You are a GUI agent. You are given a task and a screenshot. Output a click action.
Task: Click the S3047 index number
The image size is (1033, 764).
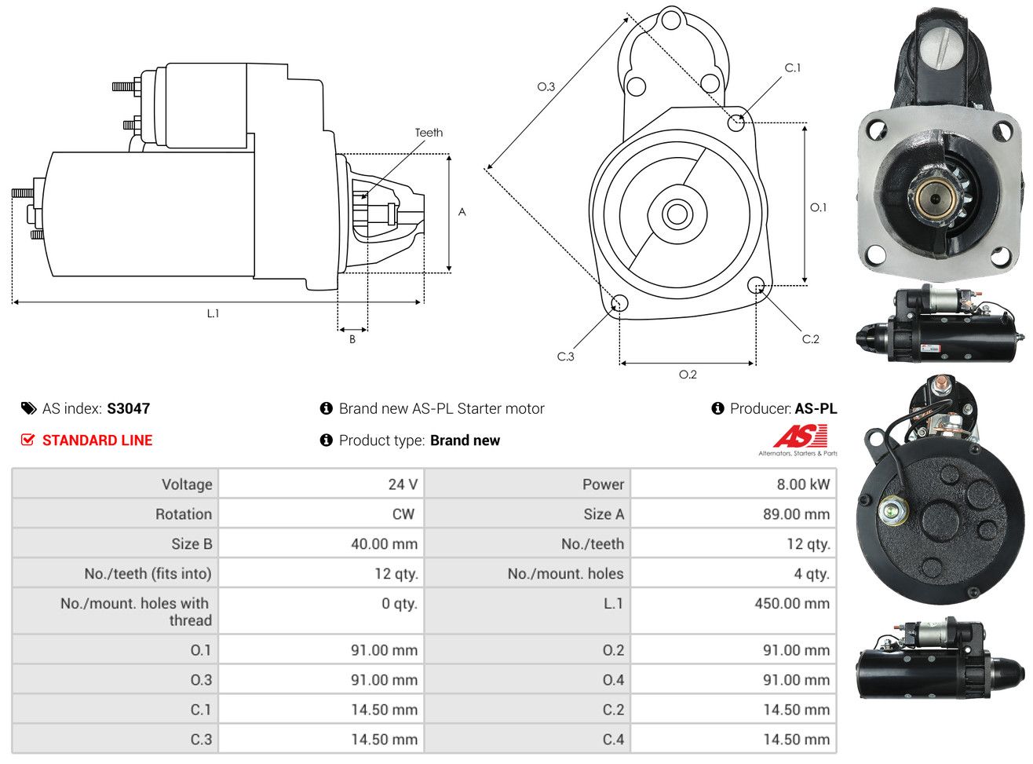[128, 408]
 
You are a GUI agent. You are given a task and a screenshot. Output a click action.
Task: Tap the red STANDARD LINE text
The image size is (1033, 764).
[97, 440]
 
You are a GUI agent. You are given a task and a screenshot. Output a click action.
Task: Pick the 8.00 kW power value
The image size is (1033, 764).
[803, 484]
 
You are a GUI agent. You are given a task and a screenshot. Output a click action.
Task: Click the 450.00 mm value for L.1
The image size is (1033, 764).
[792, 603]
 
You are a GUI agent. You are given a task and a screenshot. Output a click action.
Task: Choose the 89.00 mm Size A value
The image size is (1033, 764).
[796, 514]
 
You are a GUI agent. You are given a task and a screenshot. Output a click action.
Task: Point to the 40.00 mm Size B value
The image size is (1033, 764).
[384, 543]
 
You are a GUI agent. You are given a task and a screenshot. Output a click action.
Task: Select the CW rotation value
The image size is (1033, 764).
[403, 514]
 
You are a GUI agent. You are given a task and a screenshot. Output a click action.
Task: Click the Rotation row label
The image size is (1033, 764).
[184, 514]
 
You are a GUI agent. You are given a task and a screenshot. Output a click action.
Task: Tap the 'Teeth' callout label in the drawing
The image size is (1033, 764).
[429, 133]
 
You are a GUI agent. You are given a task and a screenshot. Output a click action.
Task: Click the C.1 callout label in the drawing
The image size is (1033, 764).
[792, 68]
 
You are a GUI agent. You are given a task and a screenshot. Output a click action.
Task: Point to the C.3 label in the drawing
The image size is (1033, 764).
[565, 356]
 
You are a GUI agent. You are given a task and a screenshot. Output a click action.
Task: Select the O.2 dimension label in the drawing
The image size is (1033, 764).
[688, 375]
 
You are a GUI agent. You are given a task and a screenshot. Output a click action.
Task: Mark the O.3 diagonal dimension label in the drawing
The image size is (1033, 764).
[546, 86]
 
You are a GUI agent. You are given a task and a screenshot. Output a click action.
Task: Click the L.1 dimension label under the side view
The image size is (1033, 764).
[213, 313]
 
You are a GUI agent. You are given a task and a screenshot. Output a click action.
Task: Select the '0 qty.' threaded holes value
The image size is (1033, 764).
[400, 603]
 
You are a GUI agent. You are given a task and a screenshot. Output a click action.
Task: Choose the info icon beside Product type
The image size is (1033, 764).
[326, 440]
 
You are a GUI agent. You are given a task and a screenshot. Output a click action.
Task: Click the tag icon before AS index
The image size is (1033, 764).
[29, 408]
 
